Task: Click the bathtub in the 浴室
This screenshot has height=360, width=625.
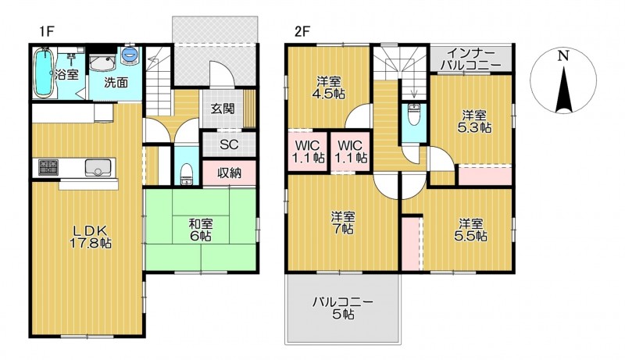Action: tap(43, 73)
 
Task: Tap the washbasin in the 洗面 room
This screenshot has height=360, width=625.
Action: tap(102, 63)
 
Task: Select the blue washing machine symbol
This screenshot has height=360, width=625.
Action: tap(130, 55)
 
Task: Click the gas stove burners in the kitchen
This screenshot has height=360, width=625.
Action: tap(48, 166)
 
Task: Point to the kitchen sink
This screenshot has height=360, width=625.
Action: tap(98, 167)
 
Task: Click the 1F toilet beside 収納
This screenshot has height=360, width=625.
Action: tap(186, 174)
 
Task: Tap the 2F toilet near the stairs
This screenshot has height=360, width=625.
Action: tap(414, 114)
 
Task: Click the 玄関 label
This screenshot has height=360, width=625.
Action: tap(223, 109)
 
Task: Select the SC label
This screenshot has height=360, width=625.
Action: tap(229, 144)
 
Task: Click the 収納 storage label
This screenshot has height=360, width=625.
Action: tap(229, 173)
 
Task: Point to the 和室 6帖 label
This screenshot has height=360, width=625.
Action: tap(201, 230)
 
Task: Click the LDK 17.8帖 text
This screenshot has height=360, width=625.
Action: tap(90, 237)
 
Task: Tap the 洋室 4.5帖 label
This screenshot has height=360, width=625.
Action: tap(329, 87)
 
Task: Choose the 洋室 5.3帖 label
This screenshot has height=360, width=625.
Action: tap(474, 122)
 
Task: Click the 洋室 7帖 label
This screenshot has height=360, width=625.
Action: tap(343, 223)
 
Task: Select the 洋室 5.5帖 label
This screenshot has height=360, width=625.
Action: tap(470, 230)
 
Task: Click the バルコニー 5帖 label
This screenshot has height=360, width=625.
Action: tap(343, 308)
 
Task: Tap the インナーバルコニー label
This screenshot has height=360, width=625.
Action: tap(471, 59)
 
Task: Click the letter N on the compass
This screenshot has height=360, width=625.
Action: tap(562, 56)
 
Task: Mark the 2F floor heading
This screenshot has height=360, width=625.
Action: tap(302, 31)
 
